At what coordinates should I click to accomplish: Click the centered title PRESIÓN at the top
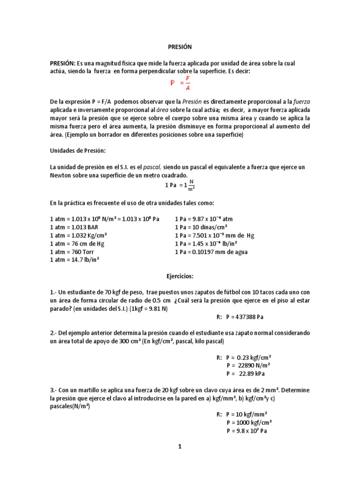(180, 47)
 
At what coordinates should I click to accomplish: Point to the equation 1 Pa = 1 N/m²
(180, 186)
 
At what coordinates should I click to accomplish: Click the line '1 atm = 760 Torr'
(72, 252)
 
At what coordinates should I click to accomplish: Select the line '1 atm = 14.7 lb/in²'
(75, 260)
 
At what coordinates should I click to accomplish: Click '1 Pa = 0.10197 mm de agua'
(211, 252)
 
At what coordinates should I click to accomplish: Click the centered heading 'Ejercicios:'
(180, 277)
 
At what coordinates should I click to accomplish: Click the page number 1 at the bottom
(180, 447)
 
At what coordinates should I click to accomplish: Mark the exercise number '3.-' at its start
(54, 390)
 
